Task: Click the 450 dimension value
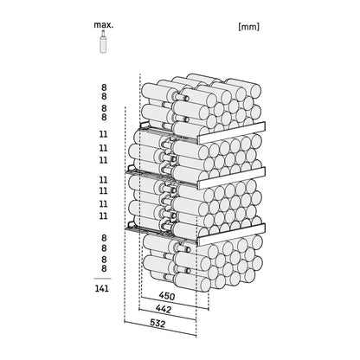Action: click(167, 296)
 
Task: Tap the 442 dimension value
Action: click(164, 309)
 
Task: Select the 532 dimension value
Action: click(157, 324)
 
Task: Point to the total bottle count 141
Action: click(102, 288)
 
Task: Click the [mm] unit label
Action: click(249, 27)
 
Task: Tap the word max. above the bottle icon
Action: click(104, 25)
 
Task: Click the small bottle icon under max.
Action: click(103, 42)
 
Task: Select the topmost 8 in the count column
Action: click(104, 87)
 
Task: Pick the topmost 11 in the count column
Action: click(103, 134)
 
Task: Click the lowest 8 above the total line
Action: click(104, 268)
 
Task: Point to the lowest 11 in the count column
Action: click(103, 215)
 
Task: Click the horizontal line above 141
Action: click(102, 279)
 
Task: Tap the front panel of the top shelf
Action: click(232, 132)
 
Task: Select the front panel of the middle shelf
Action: click(232, 177)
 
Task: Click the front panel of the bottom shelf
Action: click(232, 235)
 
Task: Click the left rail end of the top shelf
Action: click(144, 125)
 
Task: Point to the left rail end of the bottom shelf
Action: click(130, 226)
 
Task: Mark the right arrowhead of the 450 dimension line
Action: click(208, 308)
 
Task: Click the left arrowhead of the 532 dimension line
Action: click(125, 321)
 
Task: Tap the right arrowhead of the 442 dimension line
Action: click(195, 319)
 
